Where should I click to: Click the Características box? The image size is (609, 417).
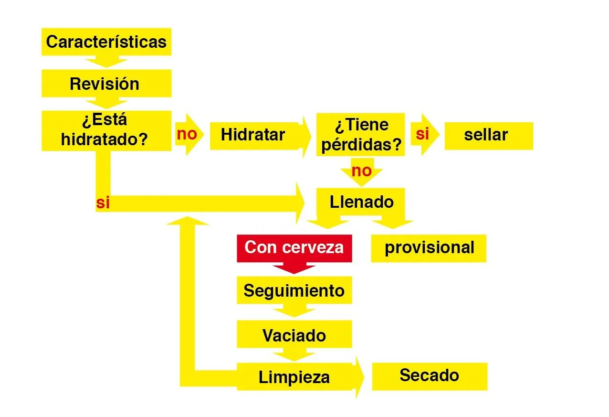[106, 42]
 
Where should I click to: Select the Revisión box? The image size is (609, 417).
[106, 83]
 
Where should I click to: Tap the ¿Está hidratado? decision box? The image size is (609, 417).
[106, 130]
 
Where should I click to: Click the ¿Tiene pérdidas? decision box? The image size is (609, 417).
[360, 134]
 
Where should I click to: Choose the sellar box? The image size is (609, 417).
[489, 136]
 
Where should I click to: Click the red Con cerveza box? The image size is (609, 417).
[294, 248]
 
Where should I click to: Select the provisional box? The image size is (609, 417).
[429, 248]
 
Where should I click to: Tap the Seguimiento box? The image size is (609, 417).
[294, 290]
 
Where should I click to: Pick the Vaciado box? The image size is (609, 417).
[294, 334]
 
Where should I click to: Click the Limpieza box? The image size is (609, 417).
[294, 376]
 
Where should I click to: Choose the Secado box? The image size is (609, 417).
[430, 376]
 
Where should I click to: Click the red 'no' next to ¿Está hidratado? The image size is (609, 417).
[187, 134]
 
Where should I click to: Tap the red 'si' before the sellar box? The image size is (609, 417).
[422, 134]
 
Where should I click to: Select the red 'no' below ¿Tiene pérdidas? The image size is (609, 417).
[362, 171]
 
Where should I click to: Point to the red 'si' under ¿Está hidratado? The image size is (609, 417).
[103, 203]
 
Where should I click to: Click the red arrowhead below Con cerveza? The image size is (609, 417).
[294, 268]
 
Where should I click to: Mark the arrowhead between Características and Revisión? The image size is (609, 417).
[106, 62]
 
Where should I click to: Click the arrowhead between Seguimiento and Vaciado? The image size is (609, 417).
[294, 310]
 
